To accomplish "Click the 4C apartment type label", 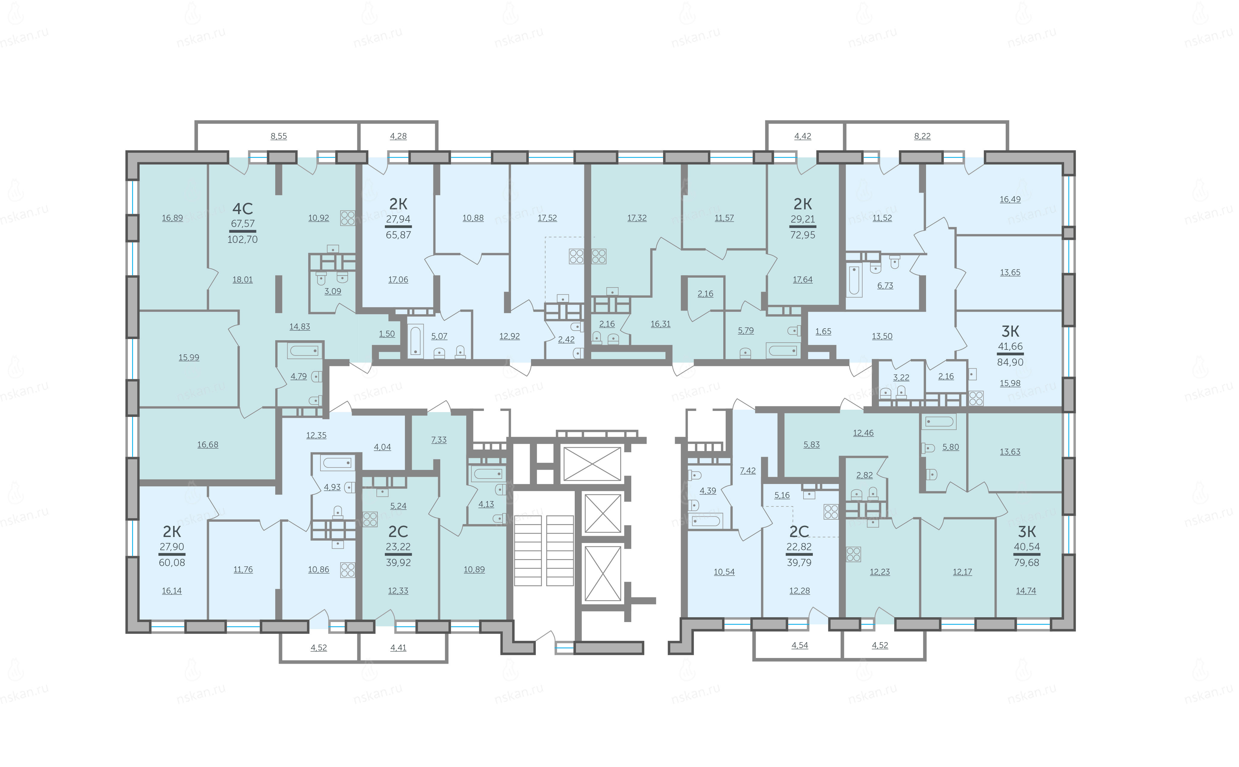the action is [242, 208].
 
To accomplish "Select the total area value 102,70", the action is [242, 239].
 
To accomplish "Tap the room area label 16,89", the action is [173, 218].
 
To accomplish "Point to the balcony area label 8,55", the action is [279, 136].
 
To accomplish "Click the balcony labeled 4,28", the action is [398, 136].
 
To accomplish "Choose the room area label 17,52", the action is [547, 218].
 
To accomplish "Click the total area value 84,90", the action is [1010, 362].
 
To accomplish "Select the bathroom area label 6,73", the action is [885, 286].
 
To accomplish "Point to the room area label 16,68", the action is [208, 445].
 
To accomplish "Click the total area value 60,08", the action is [172, 562].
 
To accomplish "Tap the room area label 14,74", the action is [1026, 591].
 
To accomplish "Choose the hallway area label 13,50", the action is [882, 336].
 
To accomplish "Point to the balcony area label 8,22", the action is [922, 136].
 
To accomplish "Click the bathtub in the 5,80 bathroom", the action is [940, 421].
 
